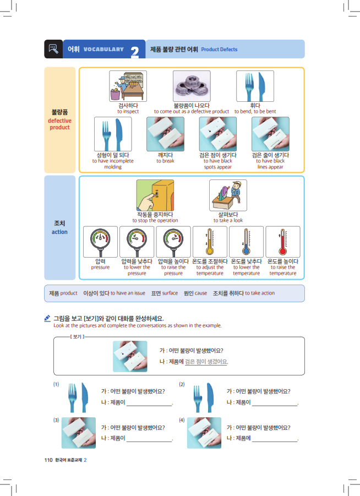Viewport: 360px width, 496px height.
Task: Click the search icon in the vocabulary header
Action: (x=53, y=49)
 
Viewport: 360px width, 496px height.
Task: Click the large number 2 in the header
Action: (x=135, y=52)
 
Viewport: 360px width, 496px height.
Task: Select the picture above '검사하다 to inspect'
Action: (x=128, y=86)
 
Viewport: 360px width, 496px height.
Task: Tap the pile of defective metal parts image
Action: (x=191, y=86)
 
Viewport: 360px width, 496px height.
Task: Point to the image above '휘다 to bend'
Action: (x=255, y=86)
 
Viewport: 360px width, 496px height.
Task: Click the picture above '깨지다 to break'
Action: (x=165, y=134)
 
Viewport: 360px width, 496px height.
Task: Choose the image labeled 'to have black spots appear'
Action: (x=217, y=134)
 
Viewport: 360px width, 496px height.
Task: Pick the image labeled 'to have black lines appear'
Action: (x=270, y=134)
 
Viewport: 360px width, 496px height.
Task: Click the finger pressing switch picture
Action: (x=155, y=195)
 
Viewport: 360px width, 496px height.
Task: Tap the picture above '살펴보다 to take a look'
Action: (x=228, y=195)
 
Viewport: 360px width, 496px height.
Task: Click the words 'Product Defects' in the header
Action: (x=219, y=50)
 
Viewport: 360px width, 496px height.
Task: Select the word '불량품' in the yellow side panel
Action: (x=59, y=112)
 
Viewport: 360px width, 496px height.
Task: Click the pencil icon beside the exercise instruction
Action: (x=48, y=318)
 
